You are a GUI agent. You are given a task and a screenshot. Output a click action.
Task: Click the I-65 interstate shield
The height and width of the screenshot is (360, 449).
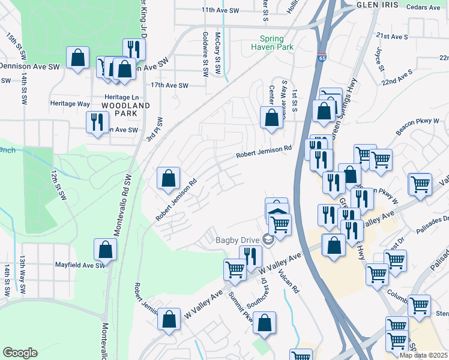(322, 59)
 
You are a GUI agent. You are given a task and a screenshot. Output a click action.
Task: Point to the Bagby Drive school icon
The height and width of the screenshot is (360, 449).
(268, 241)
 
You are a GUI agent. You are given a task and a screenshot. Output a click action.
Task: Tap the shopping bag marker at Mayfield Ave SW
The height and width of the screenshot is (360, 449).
(105, 250)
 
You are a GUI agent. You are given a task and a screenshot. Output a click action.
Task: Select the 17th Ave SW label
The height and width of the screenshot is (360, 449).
(170, 86)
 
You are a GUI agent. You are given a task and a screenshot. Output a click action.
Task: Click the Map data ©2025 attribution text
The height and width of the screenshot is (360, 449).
(423, 355)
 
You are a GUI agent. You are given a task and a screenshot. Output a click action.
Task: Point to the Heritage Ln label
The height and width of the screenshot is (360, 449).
(121, 97)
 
